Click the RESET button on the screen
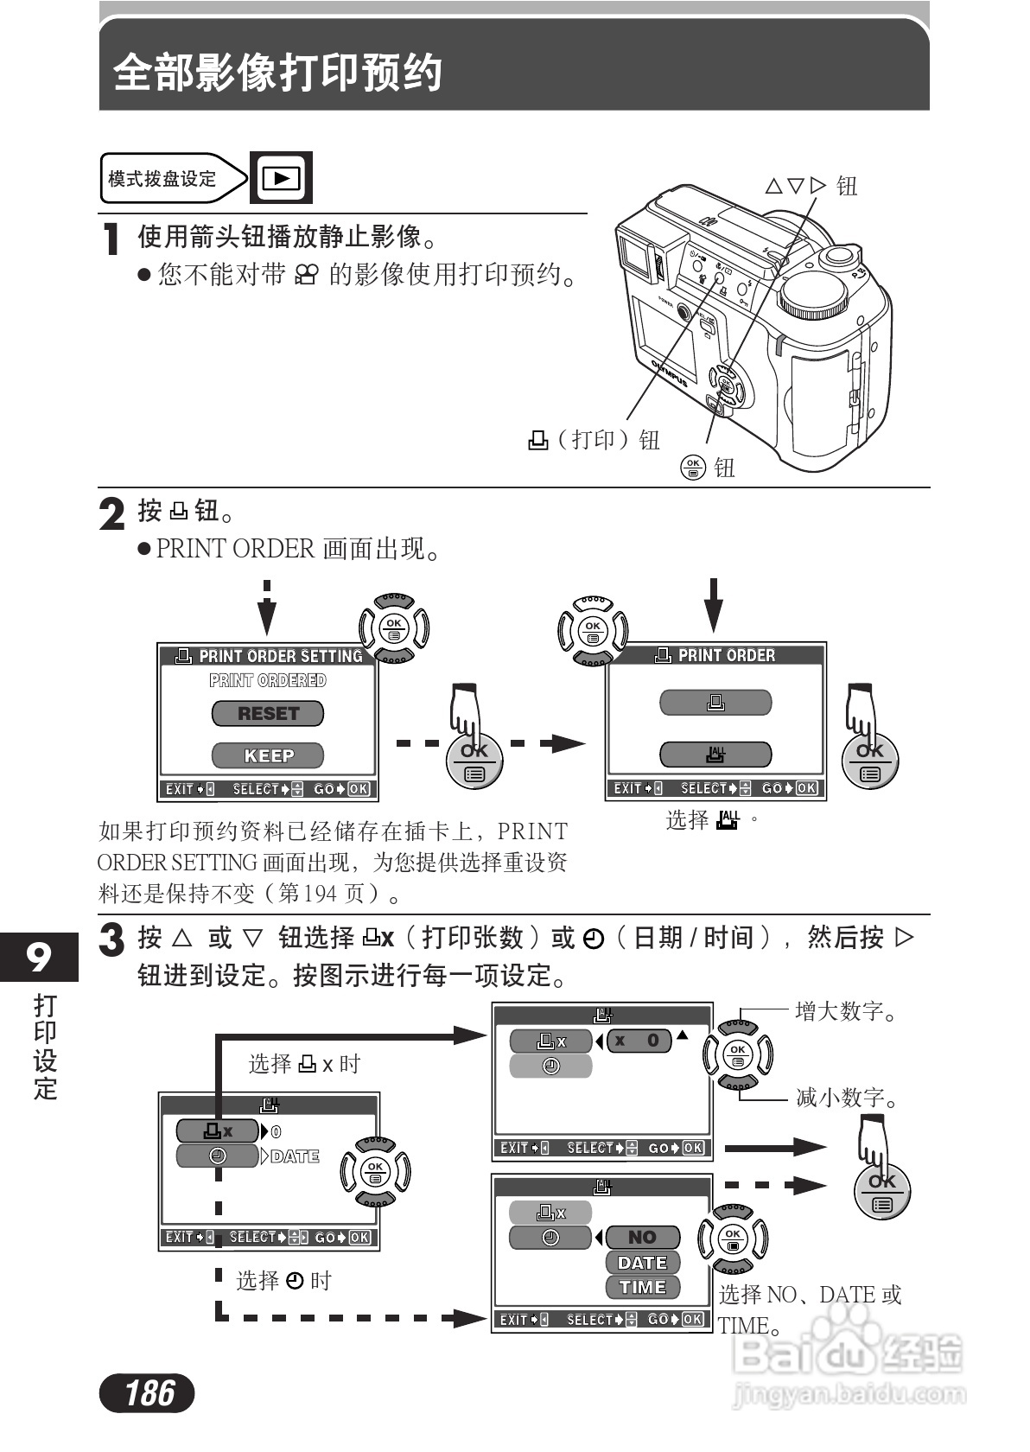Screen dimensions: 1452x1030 coord(268,714)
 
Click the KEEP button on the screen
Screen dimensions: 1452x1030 coord(268,755)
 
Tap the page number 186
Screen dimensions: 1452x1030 coord(148,1392)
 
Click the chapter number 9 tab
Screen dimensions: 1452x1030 coord(39,957)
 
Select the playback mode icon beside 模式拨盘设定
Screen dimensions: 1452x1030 coord(281,178)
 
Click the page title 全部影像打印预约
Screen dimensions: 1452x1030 coord(278,73)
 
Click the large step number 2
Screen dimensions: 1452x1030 coord(112,515)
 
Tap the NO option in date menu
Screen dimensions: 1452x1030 coord(642,1238)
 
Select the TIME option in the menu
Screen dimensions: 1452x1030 coord(642,1287)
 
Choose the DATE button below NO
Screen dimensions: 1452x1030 coord(642,1263)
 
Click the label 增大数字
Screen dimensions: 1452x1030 coord(847,1010)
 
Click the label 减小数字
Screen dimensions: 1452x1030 coord(847,1098)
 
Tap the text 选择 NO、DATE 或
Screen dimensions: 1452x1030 coord(810,1294)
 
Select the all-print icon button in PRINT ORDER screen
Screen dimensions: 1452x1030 coord(715,755)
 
